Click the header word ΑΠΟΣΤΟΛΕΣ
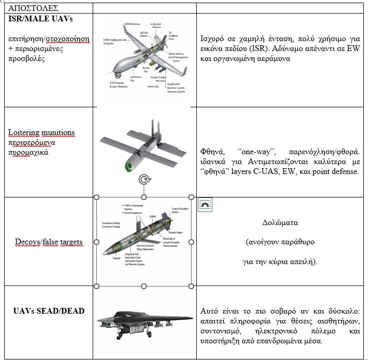30,8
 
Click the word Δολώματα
280,222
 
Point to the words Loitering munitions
42,133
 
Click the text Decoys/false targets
49,242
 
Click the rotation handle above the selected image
143,181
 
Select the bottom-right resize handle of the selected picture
191,285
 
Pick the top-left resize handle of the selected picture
96,197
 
